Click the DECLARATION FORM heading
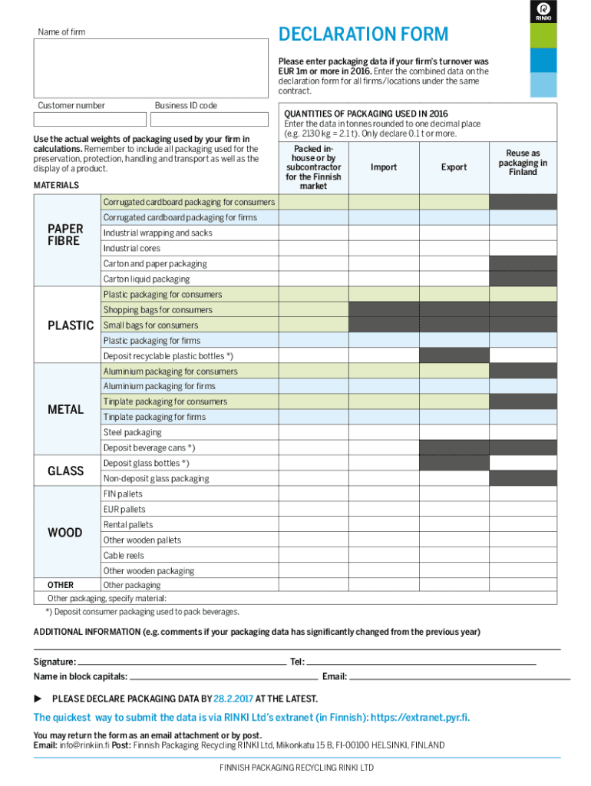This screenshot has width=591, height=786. click(x=363, y=35)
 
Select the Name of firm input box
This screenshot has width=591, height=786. click(x=150, y=68)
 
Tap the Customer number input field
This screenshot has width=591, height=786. click(x=90, y=119)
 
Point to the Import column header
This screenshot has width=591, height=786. click(x=384, y=167)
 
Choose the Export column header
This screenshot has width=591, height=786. click(x=454, y=167)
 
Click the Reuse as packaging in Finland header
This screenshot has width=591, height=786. click(x=523, y=163)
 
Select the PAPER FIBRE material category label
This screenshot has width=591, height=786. click(x=65, y=235)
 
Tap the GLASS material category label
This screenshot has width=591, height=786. click(x=65, y=471)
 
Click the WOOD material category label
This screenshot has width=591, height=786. click(x=65, y=533)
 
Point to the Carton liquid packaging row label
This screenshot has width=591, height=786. click(x=147, y=279)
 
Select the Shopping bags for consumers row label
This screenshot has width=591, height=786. click(x=158, y=310)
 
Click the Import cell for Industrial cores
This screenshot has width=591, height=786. click(x=384, y=249)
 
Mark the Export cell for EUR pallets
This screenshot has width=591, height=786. click(x=454, y=510)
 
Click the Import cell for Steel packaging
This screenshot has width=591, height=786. click(x=384, y=433)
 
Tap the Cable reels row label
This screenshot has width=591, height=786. click(x=124, y=556)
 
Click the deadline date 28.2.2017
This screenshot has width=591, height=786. click(x=233, y=698)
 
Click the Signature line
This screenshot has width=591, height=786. click(x=182, y=662)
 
